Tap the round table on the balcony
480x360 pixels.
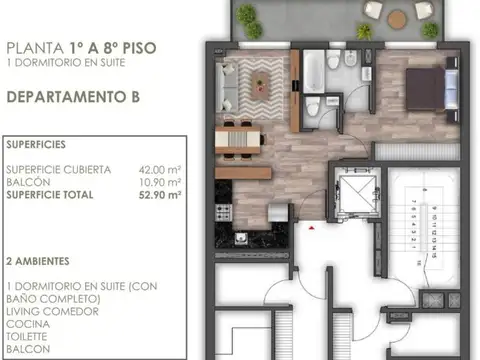coord(397,17)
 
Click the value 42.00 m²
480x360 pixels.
coord(161,170)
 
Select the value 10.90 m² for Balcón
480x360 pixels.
coord(161,182)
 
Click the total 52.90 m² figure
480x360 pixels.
coord(161,195)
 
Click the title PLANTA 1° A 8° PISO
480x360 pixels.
coord(80,46)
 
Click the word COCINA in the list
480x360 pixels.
coord(26,322)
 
